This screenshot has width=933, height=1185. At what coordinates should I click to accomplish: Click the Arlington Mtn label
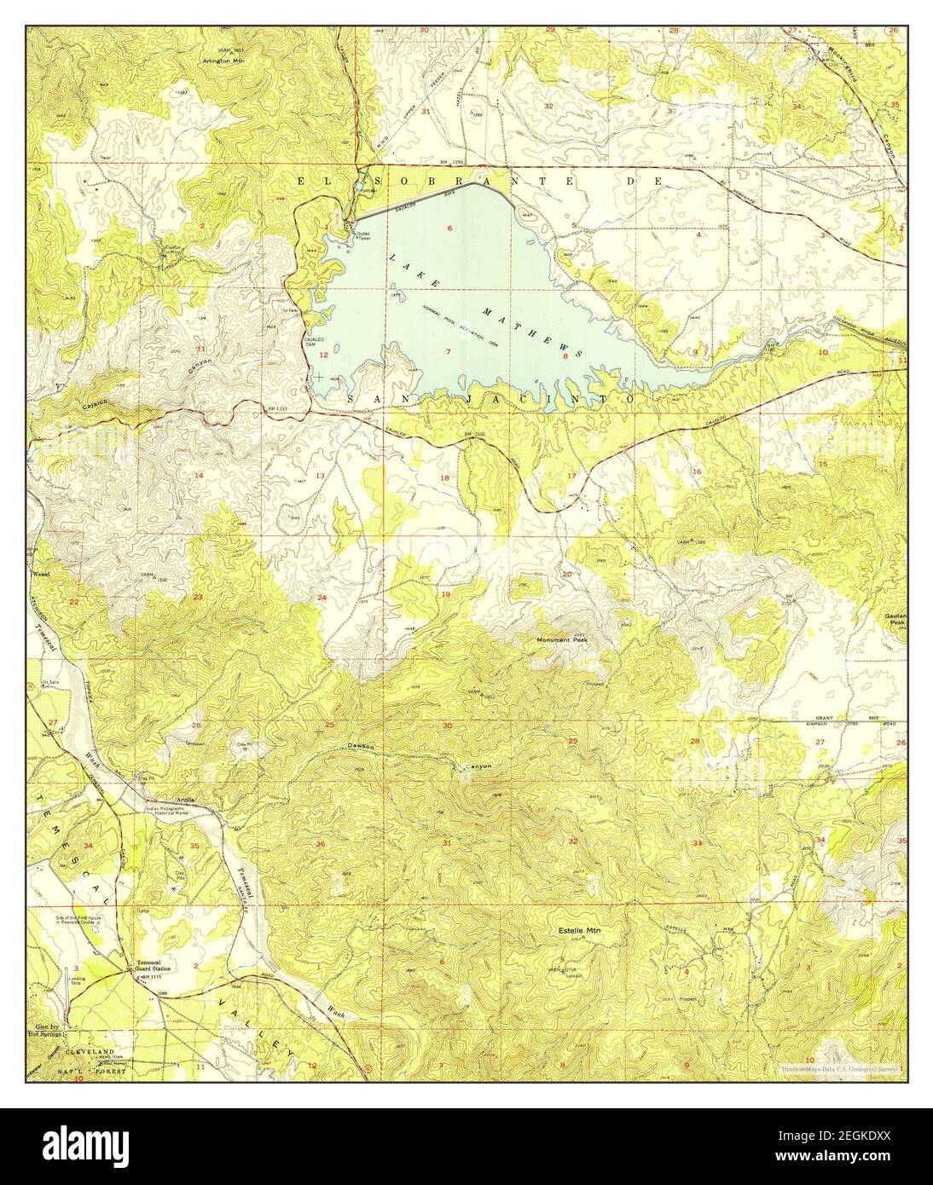pos(223,61)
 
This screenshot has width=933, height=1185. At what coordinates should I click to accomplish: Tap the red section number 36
pos(321,844)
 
